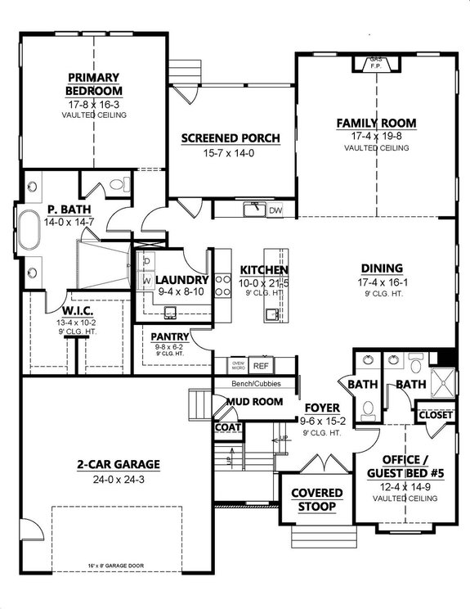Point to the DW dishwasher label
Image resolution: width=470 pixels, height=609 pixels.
pyautogui.click(x=275, y=210)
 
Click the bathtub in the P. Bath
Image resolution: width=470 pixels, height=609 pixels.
pyautogui.click(x=31, y=229)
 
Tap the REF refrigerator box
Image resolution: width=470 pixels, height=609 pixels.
pyautogui.click(x=261, y=366)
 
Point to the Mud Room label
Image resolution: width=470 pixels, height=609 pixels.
pyautogui.click(x=256, y=402)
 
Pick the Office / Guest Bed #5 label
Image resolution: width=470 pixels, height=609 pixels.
pyautogui.click(x=406, y=467)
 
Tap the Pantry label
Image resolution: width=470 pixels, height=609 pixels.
pyautogui.click(x=170, y=336)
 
